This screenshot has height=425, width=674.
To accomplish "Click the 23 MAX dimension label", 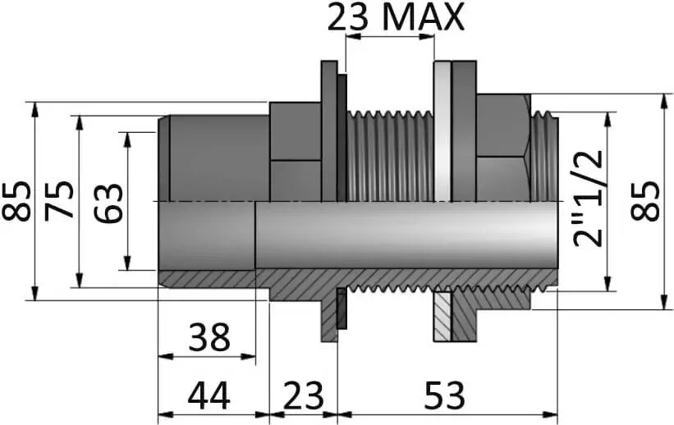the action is point(396,17).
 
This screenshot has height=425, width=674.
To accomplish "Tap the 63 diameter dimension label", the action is point(109,203).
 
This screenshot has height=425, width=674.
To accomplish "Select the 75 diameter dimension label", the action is point(59,201).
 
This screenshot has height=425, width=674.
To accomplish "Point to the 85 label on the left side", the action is point(16,201).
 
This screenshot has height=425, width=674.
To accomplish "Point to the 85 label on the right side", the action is point(644,201).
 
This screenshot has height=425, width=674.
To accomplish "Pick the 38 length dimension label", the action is point(210,337).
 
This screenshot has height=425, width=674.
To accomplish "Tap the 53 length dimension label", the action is point(444,395).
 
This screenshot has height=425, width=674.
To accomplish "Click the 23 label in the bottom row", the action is point(303,395).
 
